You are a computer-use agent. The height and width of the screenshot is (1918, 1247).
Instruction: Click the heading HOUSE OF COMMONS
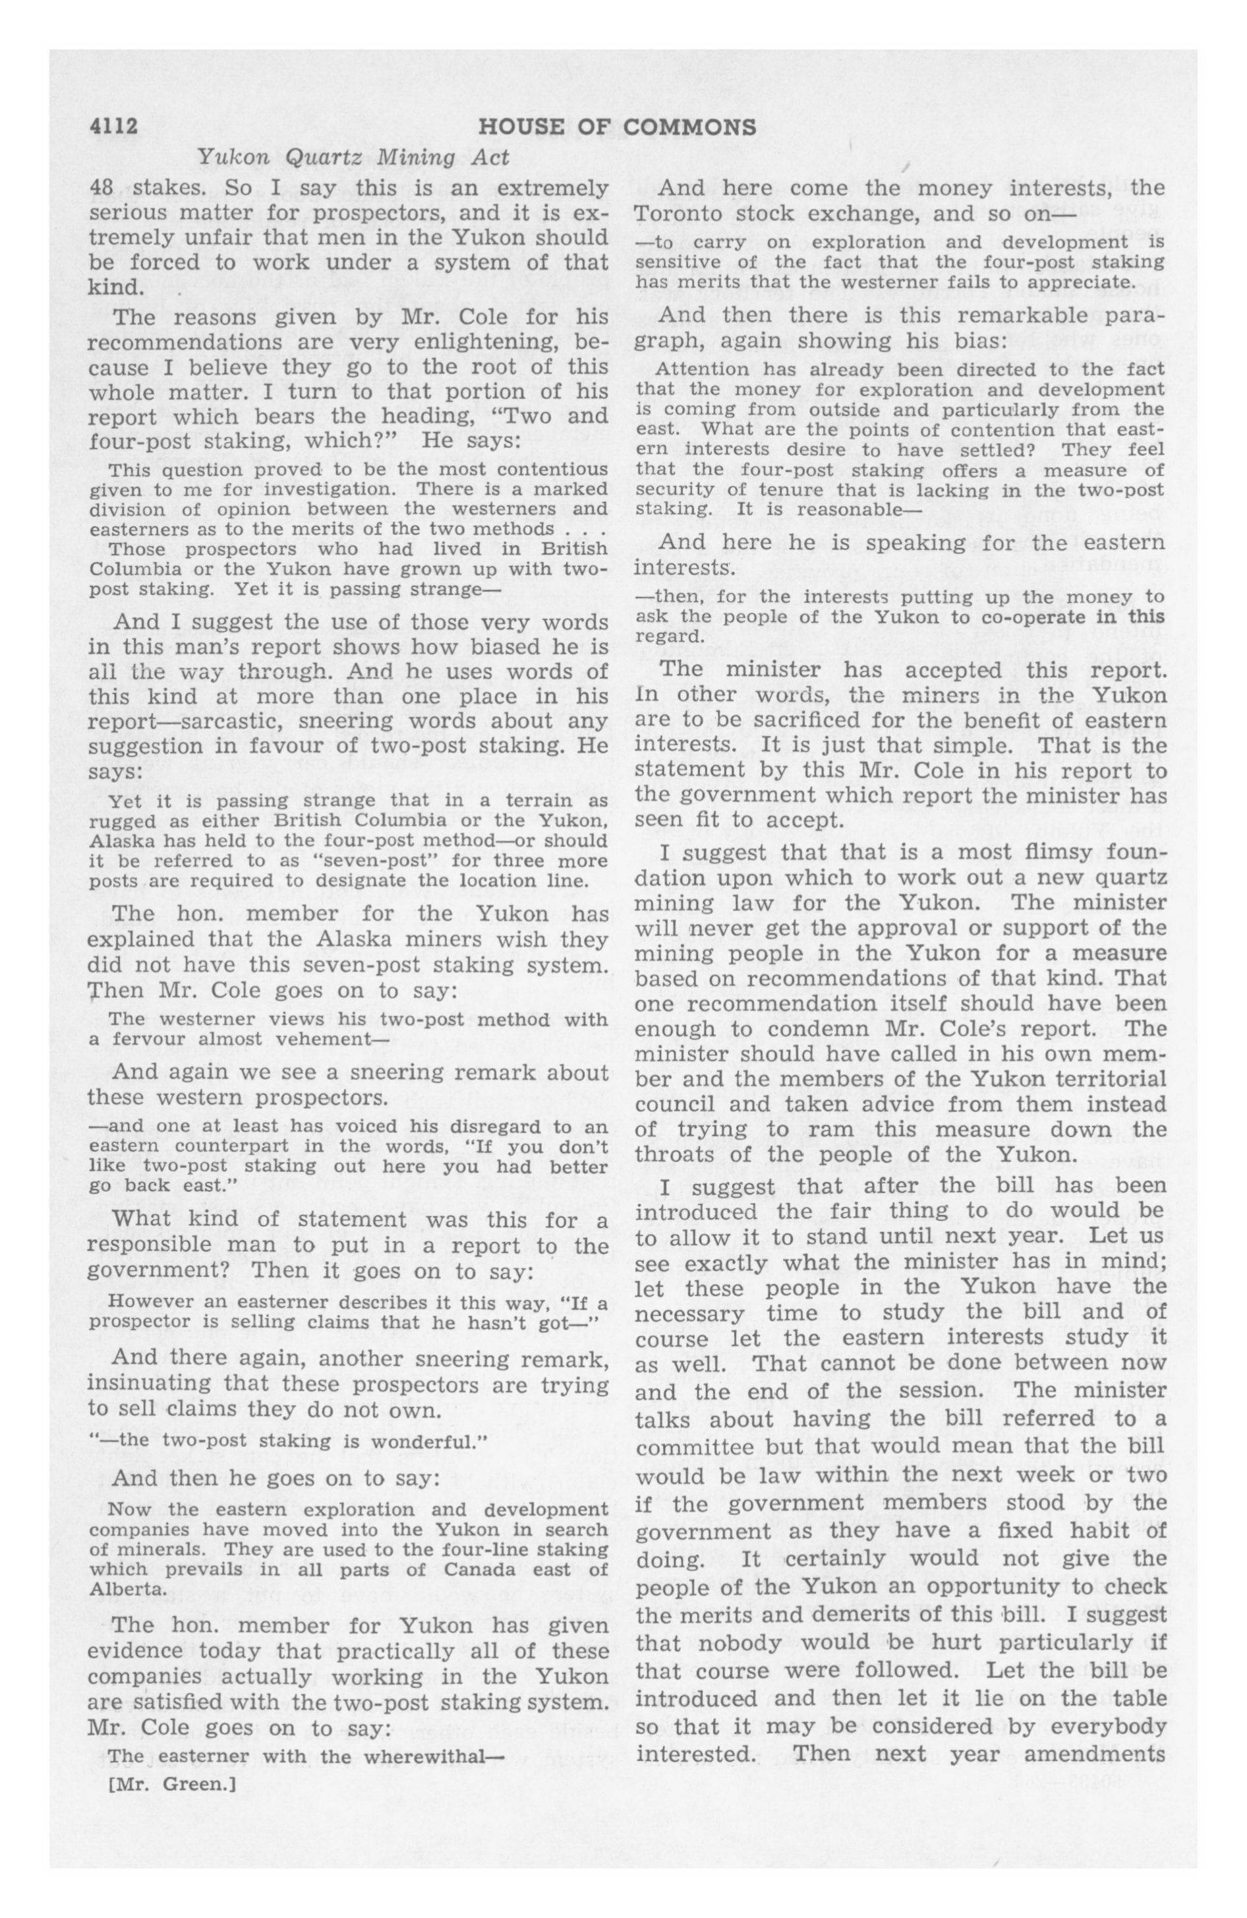[x=617, y=127]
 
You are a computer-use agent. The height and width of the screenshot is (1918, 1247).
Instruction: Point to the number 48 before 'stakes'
[x=101, y=189]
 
